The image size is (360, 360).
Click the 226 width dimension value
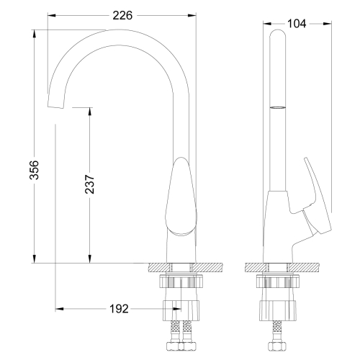coord(122,16)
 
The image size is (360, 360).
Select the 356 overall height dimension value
coord(34,170)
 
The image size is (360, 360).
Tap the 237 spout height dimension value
coord(90,184)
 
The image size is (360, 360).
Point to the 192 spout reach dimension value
coord(119,309)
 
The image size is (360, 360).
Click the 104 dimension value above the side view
coord(297,24)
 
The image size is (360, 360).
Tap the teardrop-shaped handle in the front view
coord(181,196)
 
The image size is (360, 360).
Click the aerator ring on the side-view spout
coord(278,107)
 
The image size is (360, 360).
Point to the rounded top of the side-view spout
coord(278,32)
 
